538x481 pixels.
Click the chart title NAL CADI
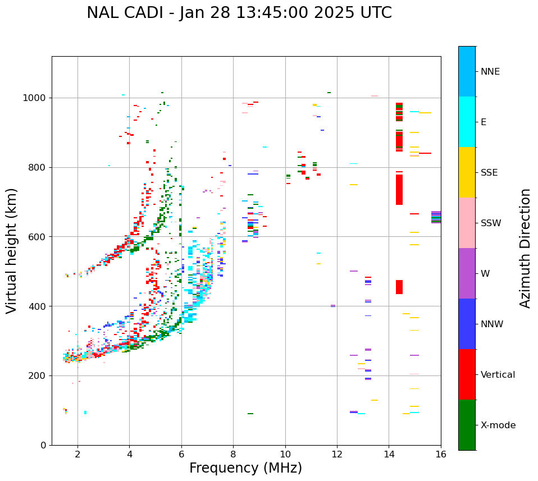239,13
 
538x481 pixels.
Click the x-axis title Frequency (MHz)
245,468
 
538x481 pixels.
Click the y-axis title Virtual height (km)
12,251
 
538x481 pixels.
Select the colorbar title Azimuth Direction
525,248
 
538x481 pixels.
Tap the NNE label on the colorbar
490,72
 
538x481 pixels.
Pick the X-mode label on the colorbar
498,425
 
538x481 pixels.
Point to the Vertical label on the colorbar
498,375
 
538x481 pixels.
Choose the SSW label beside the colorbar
491,223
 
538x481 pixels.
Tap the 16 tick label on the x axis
441,455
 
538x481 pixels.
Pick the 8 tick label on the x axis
233,455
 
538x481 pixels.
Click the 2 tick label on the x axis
77,455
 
